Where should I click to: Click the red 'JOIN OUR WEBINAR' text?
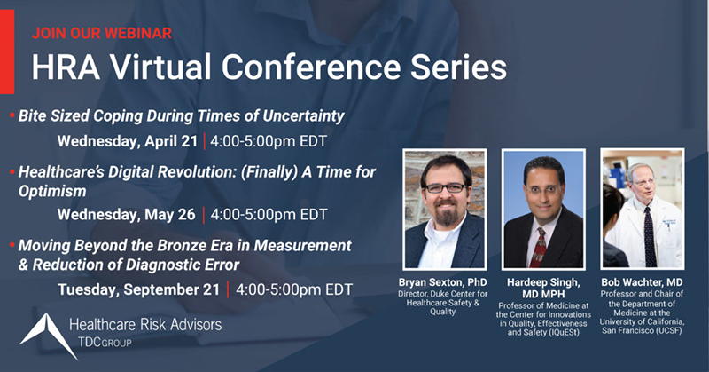tap(102, 33)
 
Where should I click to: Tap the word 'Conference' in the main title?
tap(311, 67)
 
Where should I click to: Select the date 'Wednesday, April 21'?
tap(128, 141)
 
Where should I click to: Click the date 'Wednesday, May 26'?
tap(126, 214)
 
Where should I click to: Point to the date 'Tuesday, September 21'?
tap(139, 289)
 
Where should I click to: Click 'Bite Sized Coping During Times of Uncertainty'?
tap(182, 116)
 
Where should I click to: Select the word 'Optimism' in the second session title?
tap(52, 191)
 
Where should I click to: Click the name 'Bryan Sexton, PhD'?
tap(442, 282)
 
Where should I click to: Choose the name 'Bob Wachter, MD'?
tap(642, 282)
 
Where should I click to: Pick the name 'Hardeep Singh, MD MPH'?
tap(543, 288)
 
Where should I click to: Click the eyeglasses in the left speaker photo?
tap(445, 187)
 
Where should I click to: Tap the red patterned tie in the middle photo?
tap(539, 248)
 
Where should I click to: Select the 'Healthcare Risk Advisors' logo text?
tap(145, 324)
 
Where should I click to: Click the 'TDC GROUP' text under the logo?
tap(105, 342)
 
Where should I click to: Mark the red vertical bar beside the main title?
tap(7, 51)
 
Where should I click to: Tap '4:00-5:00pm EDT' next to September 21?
tap(294, 289)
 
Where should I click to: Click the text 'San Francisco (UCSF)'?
tap(642, 331)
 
